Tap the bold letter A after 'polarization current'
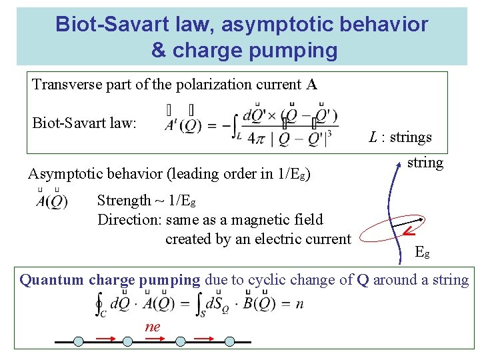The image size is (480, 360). click(x=312, y=85)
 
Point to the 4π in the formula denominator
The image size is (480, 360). click(x=257, y=139)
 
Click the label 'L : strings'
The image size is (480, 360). click(x=401, y=137)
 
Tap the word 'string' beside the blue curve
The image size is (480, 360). click(x=425, y=162)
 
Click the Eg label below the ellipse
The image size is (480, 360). click(x=423, y=252)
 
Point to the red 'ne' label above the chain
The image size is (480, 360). click(x=153, y=327)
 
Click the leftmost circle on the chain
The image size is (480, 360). click(x=79, y=341)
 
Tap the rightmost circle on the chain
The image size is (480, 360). click(x=230, y=341)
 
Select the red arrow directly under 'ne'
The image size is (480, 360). click(x=154, y=339)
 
